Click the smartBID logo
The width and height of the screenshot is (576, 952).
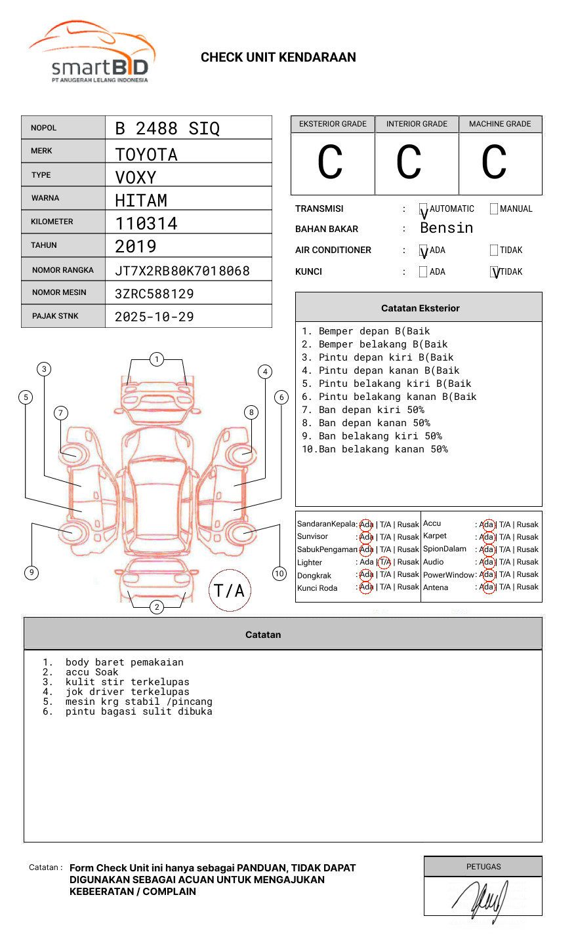(92, 52)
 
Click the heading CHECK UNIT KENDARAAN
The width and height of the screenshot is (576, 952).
(278, 58)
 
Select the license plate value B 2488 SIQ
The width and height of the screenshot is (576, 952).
(167, 129)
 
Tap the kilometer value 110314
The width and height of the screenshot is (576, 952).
(146, 224)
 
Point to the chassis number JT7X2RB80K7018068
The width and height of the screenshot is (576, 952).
(182, 271)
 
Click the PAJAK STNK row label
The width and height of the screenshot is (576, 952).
(55, 316)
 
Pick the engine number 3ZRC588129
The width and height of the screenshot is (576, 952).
(154, 294)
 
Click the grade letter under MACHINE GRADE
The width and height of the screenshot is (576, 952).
(494, 163)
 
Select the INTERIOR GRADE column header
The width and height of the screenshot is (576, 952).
(417, 124)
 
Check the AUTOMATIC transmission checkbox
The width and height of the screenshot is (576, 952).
(424, 209)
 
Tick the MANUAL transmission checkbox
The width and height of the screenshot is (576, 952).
(494, 209)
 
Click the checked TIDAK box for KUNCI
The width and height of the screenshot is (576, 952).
(495, 272)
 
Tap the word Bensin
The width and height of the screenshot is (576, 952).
(446, 228)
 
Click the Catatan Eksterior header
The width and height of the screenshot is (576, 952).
(420, 308)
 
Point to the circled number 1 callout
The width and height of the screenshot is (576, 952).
(156, 359)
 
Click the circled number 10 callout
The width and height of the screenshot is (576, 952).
(279, 574)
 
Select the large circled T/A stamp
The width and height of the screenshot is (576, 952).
(230, 591)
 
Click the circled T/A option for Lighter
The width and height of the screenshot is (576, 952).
(384, 562)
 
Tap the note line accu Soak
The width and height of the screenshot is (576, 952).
(92, 672)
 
